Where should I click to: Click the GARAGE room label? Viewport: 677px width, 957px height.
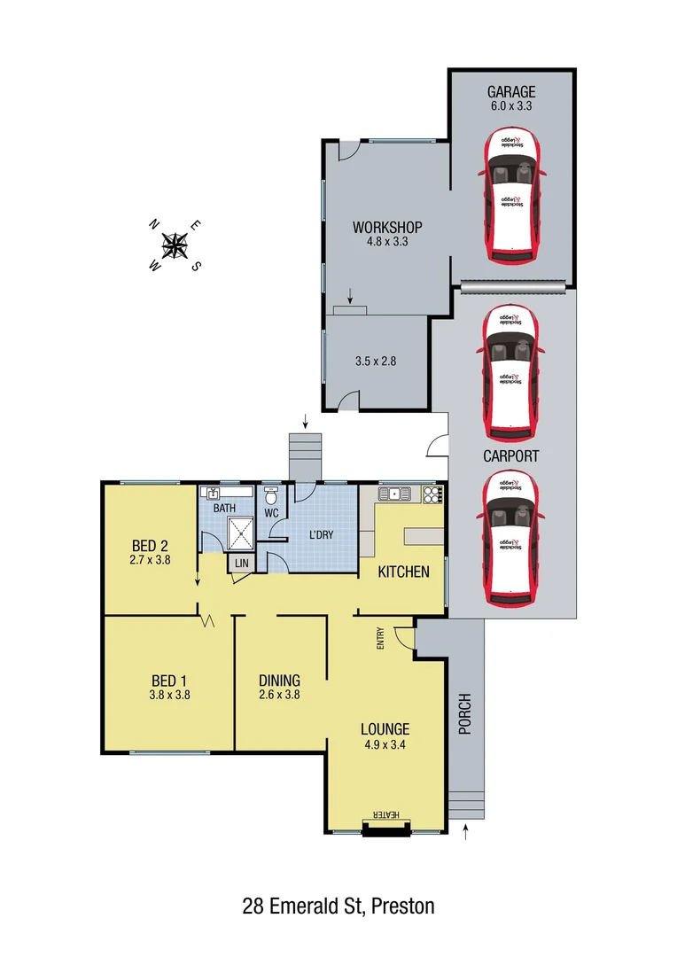(x=511, y=92)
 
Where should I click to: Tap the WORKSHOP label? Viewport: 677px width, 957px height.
(x=386, y=228)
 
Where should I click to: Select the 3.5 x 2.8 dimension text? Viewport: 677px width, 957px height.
(x=377, y=362)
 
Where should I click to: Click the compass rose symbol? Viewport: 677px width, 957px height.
(x=175, y=245)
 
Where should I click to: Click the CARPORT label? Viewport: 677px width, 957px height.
(x=511, y=456)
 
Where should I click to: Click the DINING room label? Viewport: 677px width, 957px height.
(x=279, y=681)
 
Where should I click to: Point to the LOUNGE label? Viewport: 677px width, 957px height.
(x=384, y=729)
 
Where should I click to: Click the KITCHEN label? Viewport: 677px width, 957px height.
(x=404, y=572)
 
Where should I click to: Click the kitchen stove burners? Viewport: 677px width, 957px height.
(x=432, y=494)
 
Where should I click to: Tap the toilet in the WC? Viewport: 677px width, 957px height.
(x=271, y=496)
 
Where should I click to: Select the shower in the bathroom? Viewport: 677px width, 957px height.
(x=240, y=533)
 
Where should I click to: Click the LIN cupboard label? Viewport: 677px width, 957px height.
(x=241, y=564)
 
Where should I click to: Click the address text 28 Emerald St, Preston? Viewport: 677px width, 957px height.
(x=338, y=906)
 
